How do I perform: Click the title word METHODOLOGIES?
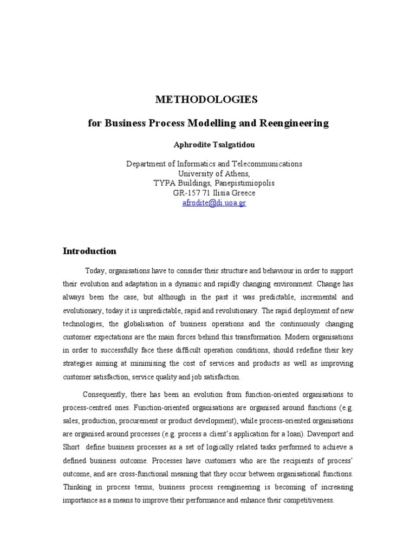click(207, 99)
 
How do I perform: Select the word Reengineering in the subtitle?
click(295, 123)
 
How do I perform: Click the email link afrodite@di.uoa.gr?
click(214, 203)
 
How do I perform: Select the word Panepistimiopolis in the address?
click(239, 183)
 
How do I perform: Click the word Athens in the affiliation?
click(232, 173)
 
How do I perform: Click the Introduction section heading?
click(89, 251)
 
